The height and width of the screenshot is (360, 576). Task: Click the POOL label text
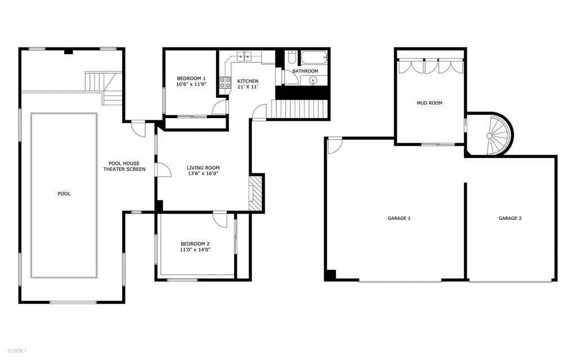click(x=64, y=193)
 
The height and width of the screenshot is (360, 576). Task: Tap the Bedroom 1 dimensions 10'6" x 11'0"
click(x=191, y=84)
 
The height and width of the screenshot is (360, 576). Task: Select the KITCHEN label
click(x=247, y=81)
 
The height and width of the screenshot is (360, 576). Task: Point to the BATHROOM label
click(x=305, y=71)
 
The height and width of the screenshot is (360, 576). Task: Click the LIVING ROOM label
click(x=203, y=168)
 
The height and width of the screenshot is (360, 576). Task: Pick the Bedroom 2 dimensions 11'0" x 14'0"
click(x=195, y=250)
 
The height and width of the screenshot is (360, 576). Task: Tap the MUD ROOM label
click(x=429, y=103)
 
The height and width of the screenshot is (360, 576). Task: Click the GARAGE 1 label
click(x=399, y=218)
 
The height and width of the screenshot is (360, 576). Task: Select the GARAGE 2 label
click(x=510, y=218)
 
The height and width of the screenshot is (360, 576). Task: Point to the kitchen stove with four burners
click(x=225, y=83)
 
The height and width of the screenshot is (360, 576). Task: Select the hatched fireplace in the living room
click(x=256, y=193)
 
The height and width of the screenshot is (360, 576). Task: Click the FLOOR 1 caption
click(x=17, y=351)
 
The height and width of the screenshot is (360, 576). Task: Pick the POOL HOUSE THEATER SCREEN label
click(x=124, y=166)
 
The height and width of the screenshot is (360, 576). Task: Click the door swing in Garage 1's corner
click(x=335, y=146)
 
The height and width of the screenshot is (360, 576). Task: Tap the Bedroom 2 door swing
click(x=220, y=220)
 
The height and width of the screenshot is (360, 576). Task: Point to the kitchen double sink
click(x=244, y=56)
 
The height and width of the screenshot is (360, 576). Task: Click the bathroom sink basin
click(x=313, y=80)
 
